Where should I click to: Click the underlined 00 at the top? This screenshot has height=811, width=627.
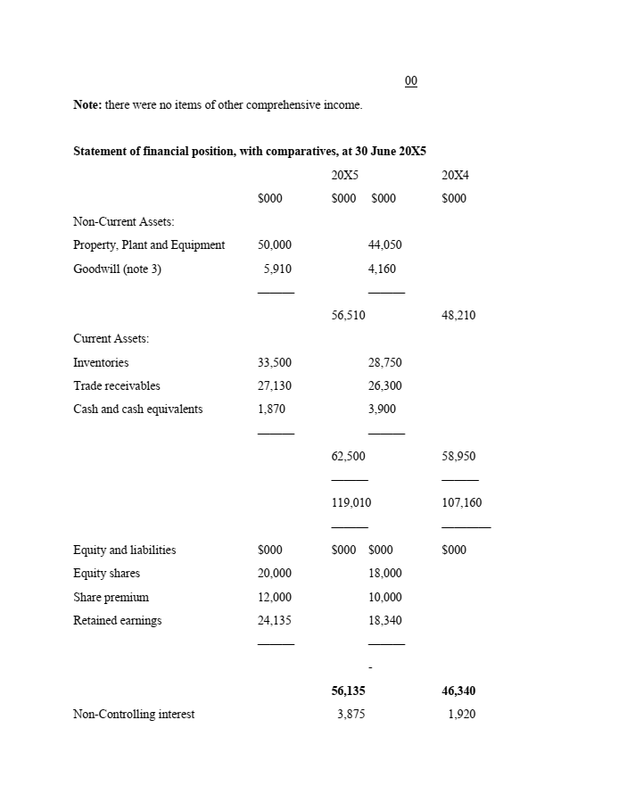[410, 81]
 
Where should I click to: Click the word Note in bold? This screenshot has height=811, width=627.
[87, 105]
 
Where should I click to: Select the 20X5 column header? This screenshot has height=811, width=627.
[345, 175]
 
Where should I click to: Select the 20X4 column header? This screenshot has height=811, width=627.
[455, 175]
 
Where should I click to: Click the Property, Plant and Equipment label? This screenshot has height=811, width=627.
[149, 245]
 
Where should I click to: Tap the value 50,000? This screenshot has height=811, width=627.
[275, 245]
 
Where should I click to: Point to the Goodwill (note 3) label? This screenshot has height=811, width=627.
[117, 269]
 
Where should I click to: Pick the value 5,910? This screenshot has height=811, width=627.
[277, 269]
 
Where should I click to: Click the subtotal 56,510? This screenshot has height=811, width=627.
[348, 315]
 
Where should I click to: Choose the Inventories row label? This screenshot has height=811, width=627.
[101, 363]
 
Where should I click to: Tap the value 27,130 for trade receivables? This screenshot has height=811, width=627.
[275, 386]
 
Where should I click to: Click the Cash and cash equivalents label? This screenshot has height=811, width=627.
[137, 410]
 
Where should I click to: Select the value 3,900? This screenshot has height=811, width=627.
[382, 410]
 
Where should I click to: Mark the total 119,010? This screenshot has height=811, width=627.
[351, 503]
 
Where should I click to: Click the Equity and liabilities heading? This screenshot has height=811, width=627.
[124, 550]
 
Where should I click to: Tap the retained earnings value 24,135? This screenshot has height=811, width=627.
[275, 621]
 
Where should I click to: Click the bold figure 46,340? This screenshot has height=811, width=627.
[458, 691]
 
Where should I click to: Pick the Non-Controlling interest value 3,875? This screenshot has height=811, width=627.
[351, 714]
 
